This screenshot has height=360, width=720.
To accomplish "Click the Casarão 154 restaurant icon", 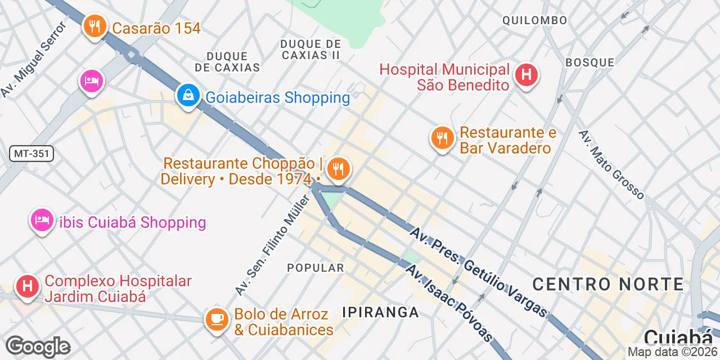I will point(94,26).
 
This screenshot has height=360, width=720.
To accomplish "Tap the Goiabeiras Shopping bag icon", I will point(187,96).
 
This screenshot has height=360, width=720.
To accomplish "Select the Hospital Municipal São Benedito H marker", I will point(526,74).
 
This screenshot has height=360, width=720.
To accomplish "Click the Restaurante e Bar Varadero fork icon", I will point(442,137).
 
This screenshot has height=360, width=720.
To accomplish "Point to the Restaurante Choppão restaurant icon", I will point(338,168).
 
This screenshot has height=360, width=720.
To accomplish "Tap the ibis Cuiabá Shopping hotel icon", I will point(41,220).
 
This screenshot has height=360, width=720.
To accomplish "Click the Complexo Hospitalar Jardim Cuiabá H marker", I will point(27,286).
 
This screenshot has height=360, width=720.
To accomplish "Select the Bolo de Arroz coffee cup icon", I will point(217,319).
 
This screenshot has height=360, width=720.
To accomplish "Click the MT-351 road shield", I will point(31,153).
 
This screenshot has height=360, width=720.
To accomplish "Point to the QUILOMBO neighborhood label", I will point(534,21).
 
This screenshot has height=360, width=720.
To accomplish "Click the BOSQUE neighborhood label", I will point(589,62).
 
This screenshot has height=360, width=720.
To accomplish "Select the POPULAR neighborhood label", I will point(315,268).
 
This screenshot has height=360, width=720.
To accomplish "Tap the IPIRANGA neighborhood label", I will point(381,312).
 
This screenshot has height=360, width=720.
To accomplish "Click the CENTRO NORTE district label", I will point(607,284).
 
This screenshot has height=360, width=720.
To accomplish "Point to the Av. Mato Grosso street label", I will point(611,164).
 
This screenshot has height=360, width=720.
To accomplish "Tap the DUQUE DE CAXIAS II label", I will point(310,49).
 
